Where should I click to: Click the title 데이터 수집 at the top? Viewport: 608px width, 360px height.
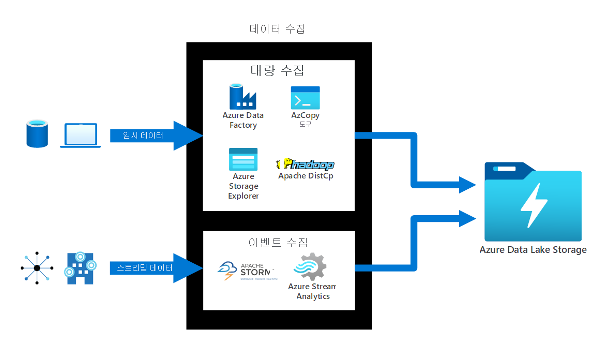pyautogui.click(x=278, y=28)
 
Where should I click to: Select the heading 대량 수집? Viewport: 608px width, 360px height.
pyautogui.click(x=278, y=70)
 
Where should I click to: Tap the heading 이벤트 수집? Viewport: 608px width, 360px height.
pyautogui.click(x=278, y=242)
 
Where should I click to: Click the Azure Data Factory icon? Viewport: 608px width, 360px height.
pyautogui.click(x=243, y=97)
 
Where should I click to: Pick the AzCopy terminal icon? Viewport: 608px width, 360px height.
pyautogui.click(x=305, y=98)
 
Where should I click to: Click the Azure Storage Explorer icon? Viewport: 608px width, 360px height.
pyautogui.click(x=243, y=159)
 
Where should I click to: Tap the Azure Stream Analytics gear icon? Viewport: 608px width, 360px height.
pyautogui.click(x=311, y=267)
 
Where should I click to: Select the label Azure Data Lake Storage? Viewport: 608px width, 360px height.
pyautogui.click(x=533, y=250)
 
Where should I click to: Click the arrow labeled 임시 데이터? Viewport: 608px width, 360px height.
pyautogui.click(x=155, y=136)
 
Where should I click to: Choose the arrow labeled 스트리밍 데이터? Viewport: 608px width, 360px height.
pyautogui.click(x=155, y=268)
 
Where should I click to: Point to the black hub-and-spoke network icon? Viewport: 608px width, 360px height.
pyautogui.click(x=37, y=268)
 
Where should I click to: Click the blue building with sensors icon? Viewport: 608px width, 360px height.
pyautogui.click(x=80, y=268)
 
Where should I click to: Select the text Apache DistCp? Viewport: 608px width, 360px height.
pyautogui.click(x=305, y=176)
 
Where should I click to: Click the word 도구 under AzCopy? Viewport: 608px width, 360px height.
pyautogui.click(x=305, y=125)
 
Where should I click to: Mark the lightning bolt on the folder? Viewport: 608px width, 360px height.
pyautogui.click(x=533, y=205)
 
